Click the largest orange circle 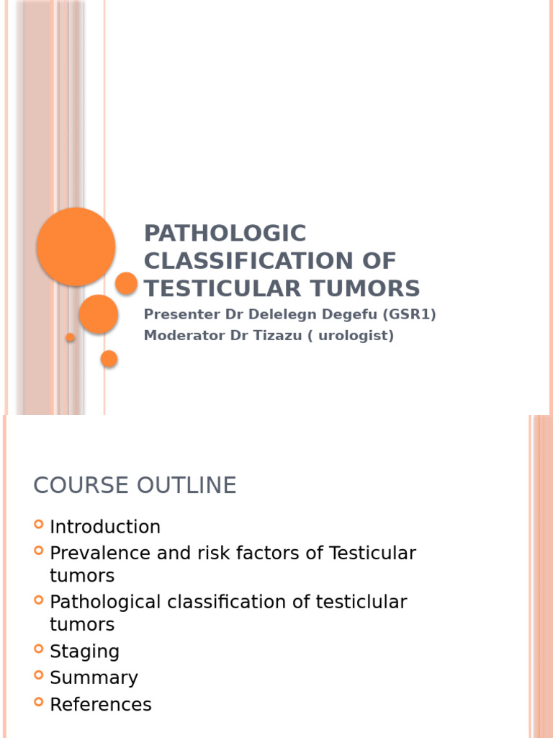(76, 246)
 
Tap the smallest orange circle (71, 337)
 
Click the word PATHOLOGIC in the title (225, 234)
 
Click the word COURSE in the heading (76, 486)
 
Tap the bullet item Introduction (105, 527)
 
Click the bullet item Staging (84, 652)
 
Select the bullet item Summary (94, 677)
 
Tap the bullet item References (101, 704)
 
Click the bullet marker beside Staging (39, 649)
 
